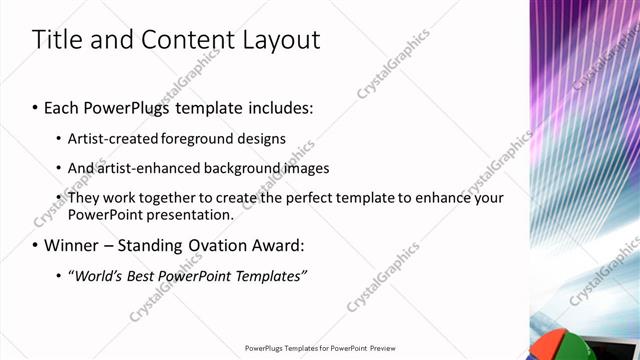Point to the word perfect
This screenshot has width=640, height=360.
click(313, 198)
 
